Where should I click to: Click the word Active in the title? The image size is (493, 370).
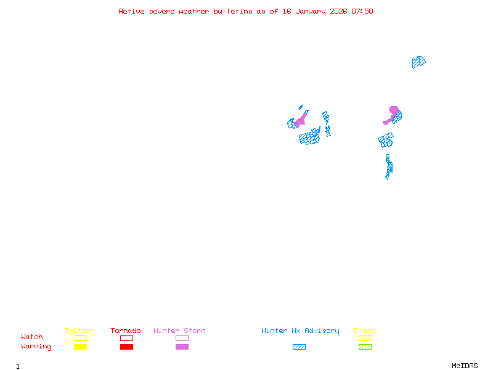pos(131,11)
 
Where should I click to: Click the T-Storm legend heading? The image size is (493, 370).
pos(79,331)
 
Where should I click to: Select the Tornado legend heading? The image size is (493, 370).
pos(126,331)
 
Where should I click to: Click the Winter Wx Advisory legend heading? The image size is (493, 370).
pos(300,331)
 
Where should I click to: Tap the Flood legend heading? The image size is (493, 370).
pos(365,331)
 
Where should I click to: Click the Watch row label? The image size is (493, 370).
pos(32,337)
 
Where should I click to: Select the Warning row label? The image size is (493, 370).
pos(36,347)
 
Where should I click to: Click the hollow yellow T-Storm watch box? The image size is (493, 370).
pos(80,338)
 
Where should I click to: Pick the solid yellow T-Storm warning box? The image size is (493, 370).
pos(80,347)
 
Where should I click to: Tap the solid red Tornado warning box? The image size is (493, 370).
pos(126,347)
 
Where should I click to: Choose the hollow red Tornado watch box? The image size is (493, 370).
pos(126,338)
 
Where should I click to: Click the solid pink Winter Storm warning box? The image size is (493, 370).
pos(182,347)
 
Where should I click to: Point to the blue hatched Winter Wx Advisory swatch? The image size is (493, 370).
pos(299,347)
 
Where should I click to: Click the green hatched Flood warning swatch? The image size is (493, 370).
pos(365,347)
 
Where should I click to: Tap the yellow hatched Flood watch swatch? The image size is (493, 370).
pos(365,338)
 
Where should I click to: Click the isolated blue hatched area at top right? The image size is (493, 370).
pos(418,62)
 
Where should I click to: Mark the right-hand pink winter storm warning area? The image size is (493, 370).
pos(393,112)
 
